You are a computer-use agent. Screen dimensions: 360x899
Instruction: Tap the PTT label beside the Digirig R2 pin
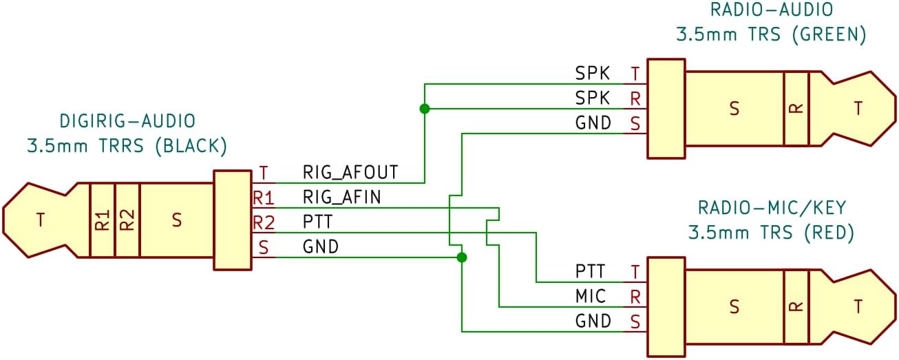click(x=317, y=222)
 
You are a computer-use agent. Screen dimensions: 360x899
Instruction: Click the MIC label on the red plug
click(x=591, y=296)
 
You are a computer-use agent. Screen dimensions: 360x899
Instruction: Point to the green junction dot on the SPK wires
click(x=425, y=109)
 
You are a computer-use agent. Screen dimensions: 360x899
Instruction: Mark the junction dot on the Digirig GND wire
click(x=462, y=257)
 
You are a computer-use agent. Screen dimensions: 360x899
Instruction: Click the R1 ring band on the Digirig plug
click(x=102, y=220)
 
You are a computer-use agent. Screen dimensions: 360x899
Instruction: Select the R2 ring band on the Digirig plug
click(x=127, y=220)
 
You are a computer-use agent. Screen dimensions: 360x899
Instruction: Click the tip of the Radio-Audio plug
click(x=858, y=108)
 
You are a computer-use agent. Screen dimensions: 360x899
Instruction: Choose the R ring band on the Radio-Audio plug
click(x=796, y=108)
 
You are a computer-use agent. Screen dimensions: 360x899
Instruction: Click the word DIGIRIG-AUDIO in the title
click(x=128, y=121)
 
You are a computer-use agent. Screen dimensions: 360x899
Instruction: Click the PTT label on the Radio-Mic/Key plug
click(x=591, y=271)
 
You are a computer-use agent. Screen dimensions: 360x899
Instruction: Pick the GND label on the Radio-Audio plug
click(x=593, y=123)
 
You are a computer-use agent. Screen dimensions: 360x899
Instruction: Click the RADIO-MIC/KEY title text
click(x=771, y=207)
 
